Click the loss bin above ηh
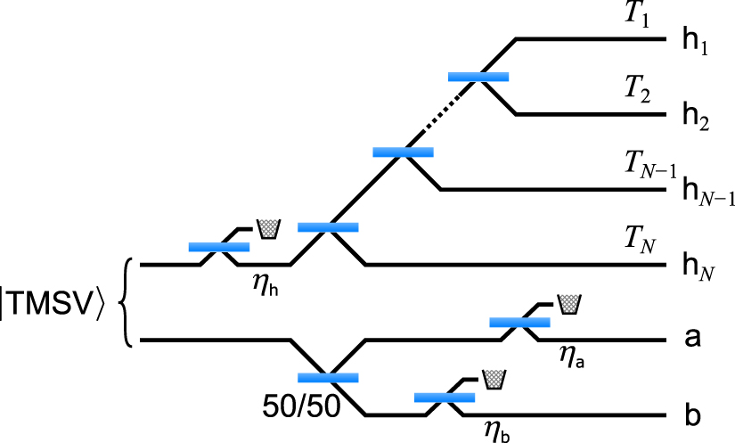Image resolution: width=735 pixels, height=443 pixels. tap(267, 228)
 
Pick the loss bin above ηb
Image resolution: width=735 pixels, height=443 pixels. tap(493, 377)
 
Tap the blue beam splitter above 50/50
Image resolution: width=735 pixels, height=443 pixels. tap(328, 377)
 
